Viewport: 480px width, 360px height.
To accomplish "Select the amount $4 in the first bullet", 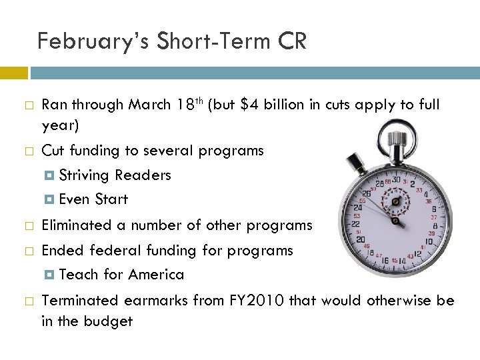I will tap(249, 105).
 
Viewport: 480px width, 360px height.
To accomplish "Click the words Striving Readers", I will tap(115, 175).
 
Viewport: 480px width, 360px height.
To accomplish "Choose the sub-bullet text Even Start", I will tap(93, 199).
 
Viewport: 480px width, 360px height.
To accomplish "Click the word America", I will tap(156, 275).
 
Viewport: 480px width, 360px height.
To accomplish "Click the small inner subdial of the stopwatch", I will tap(395, 201).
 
